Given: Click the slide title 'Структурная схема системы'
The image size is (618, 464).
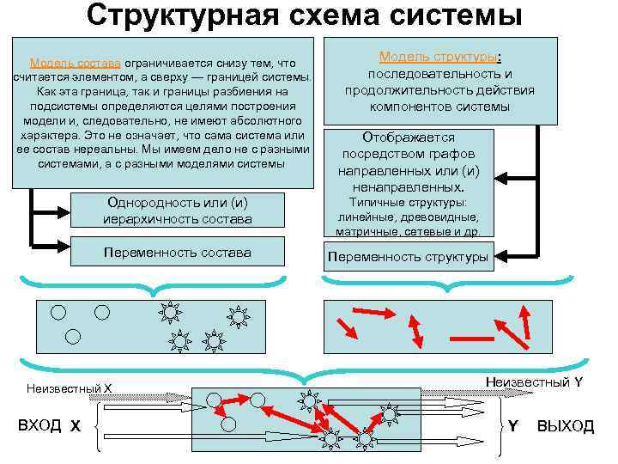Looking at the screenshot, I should [x=305, y=15].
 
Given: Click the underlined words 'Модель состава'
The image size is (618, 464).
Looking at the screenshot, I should [x=76, y=63].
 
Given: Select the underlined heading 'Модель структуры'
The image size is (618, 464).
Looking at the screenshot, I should [x=438, y=57].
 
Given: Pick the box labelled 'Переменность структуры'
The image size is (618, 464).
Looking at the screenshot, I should [x=408, y=256].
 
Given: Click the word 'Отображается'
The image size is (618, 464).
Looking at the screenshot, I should [x=409, y=137].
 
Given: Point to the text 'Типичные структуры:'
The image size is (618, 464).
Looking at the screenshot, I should [x=409, y=203].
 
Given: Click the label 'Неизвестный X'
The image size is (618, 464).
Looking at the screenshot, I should [x=70, y=388].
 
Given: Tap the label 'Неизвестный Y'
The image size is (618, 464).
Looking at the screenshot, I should [x=534, y=382].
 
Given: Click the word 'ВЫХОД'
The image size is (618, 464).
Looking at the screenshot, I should [x=565, y=425].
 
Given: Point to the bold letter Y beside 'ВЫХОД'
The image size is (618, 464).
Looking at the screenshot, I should [x=512, y=425].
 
